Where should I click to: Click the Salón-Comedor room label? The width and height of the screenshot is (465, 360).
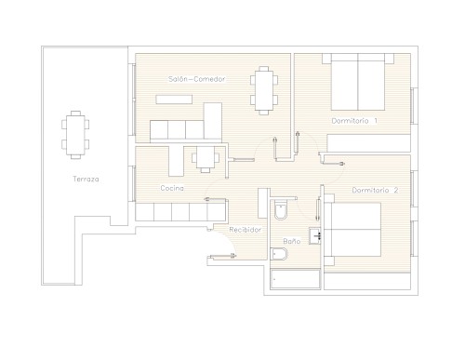[x=197, y=79]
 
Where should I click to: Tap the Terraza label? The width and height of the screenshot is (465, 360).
[x=86, y=179]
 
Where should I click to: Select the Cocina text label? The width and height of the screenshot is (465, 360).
[x=172, y=188]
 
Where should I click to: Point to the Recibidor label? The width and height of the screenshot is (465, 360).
[x=246, y=230]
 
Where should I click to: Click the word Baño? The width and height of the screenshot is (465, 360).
[x=292, y=241]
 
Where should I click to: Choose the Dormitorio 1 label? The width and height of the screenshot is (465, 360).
[x=354, y=121]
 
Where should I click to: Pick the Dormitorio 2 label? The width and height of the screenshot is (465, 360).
[x=375, y=190]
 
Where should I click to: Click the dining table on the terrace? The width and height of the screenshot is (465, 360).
[x=75, y=135]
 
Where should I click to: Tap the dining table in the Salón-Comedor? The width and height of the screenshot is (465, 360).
[x=264, y=90]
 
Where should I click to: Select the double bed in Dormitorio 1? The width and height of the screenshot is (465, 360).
[x=358, y=82]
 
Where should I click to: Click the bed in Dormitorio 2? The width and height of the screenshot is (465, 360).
[x=352, y=230]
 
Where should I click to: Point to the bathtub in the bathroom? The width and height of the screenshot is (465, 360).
[x=295, y=279]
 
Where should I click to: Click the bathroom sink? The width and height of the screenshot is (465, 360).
[x=314, y=236]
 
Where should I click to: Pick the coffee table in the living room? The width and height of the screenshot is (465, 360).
[x=174, y=100]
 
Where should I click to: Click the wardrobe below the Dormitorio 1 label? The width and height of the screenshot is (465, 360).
[x=369, y=143]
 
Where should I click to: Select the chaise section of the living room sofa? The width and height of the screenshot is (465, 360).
[x=213, y=121]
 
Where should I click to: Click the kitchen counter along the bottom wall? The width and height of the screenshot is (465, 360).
[x=180, y=212]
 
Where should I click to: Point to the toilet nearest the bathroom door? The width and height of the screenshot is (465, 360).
[x=281, y=210]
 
